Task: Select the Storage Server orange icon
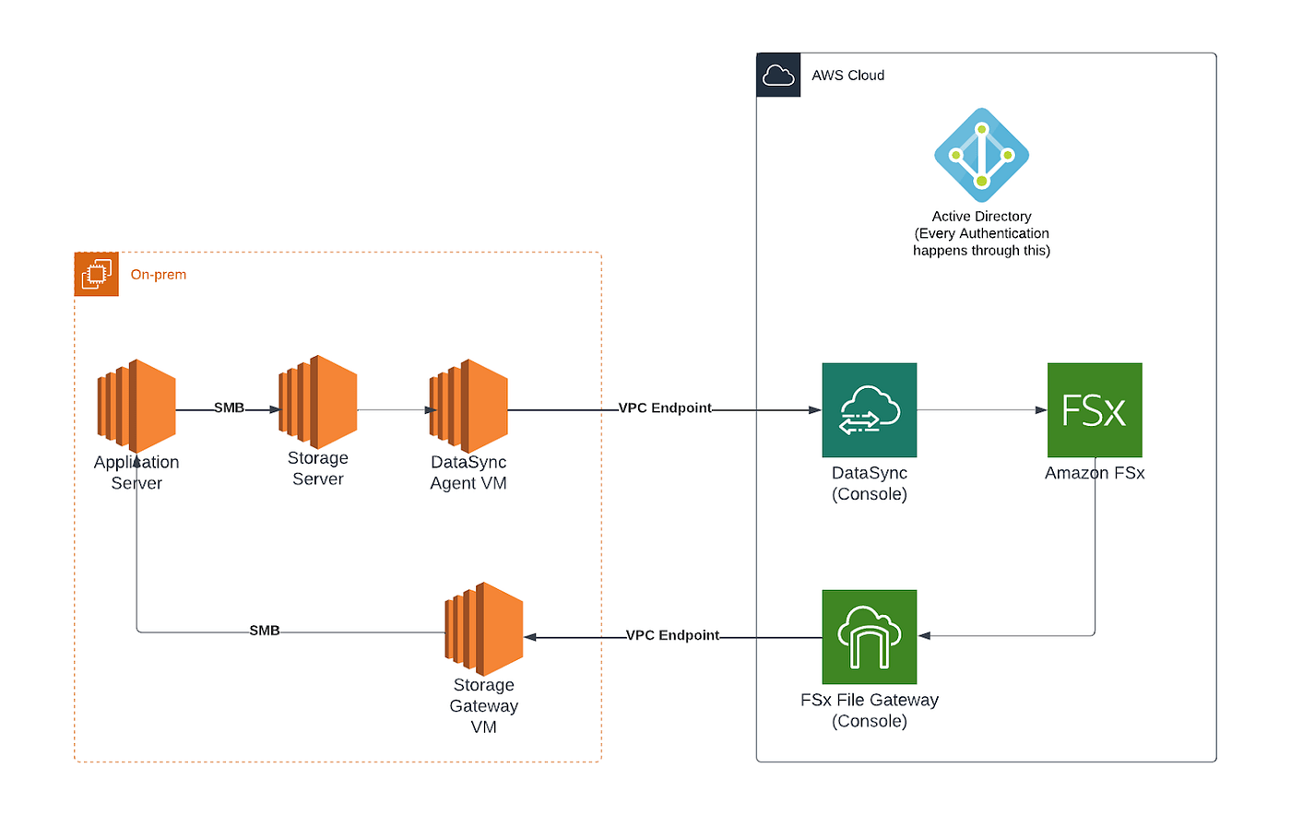[318, 401]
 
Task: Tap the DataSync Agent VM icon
[468, 406]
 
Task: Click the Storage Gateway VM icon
[484, 628]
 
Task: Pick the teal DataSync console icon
[870, 410]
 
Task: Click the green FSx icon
[1095, 410]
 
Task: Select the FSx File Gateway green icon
[870, 637]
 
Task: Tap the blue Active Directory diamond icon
[981, 155]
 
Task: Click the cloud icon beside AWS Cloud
[779, 76]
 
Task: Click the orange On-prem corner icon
[97, 274]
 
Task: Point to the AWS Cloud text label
[847, 76]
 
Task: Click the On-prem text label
[159, 275]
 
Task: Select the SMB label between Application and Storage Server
[229, 407]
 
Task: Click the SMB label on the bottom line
[265, 631]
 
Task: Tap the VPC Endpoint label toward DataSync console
[665, 407]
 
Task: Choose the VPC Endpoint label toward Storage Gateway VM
[672, 635]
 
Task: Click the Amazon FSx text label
[1095, 473]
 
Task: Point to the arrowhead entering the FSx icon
[1041, 410]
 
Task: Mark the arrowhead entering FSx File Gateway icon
[924, 635]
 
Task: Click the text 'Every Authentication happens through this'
[981, 242]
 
